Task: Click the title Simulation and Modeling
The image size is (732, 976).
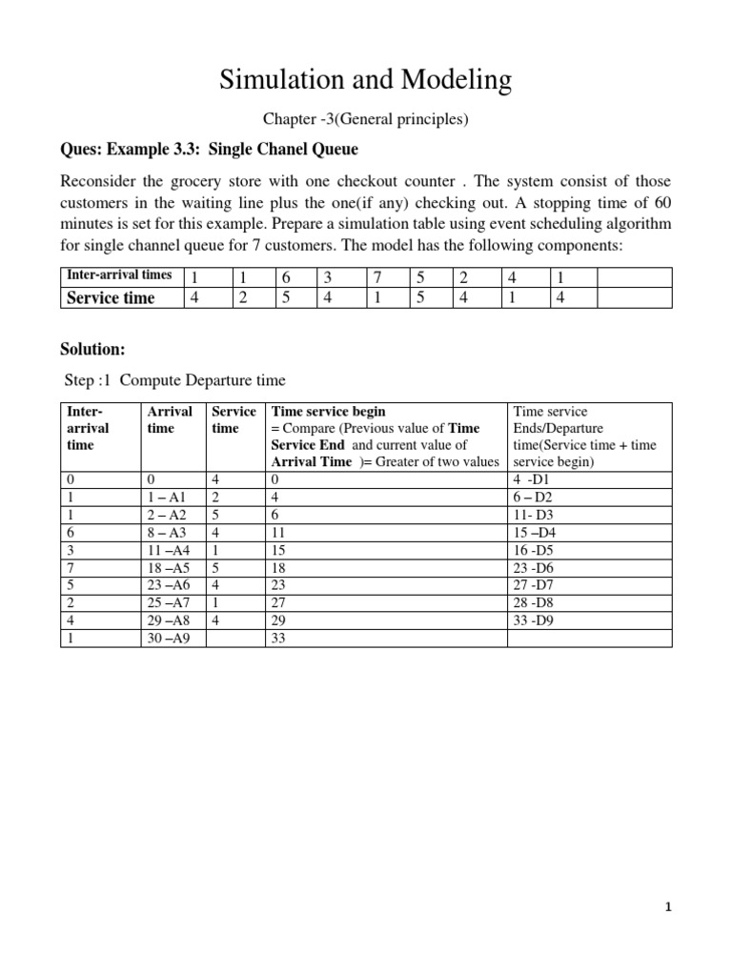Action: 366,81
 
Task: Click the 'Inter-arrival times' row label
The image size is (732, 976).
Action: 119,275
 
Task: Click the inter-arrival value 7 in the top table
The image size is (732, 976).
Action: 376,276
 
